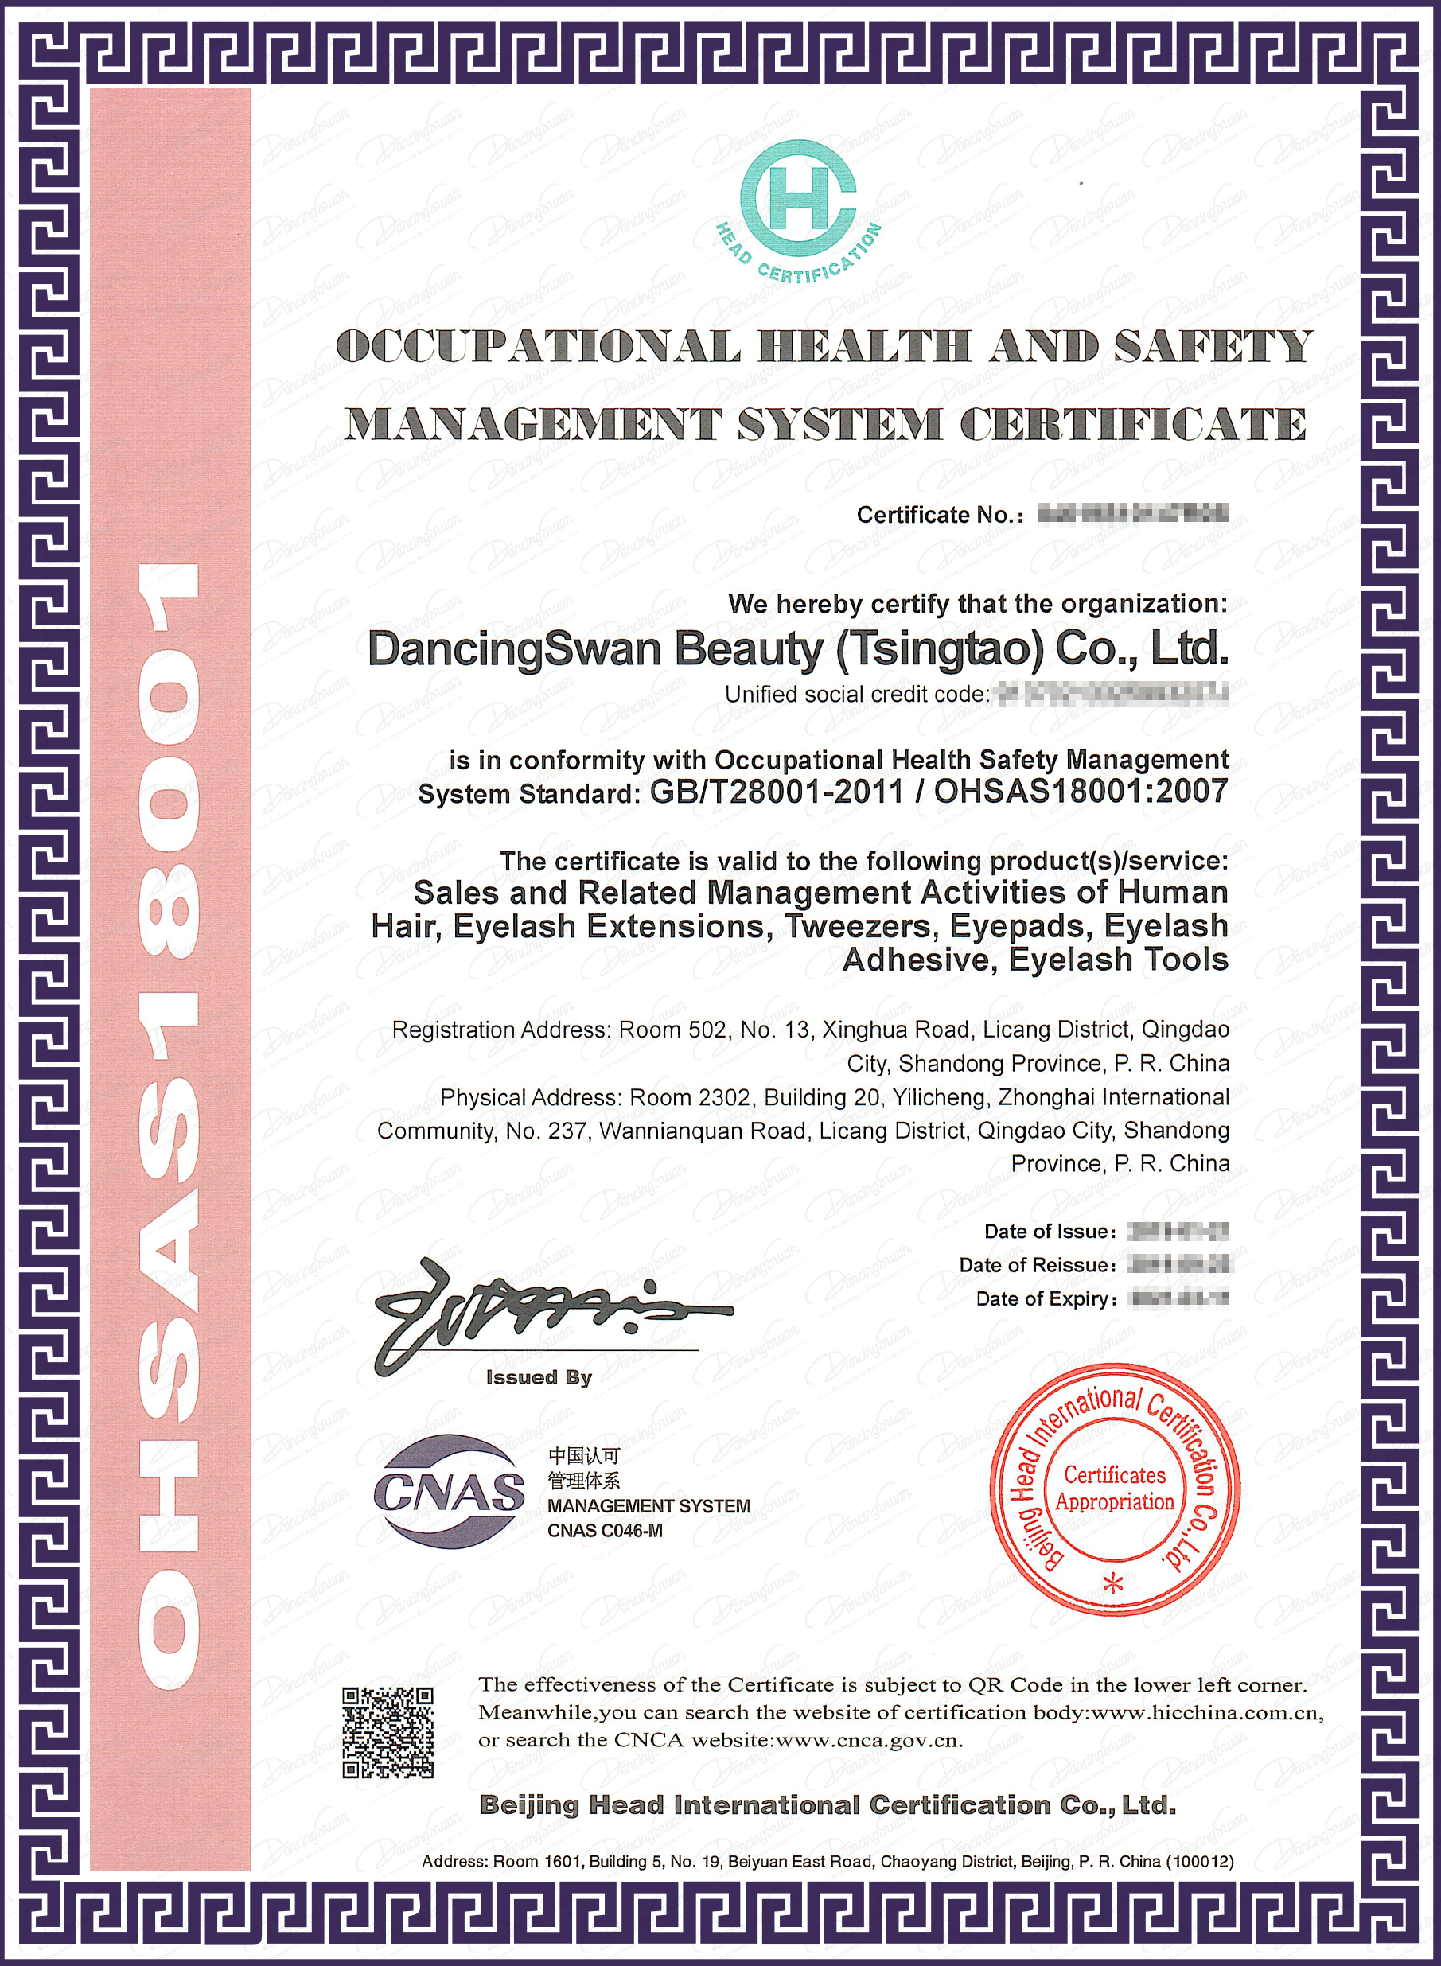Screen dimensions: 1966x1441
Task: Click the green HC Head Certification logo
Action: point(798,209)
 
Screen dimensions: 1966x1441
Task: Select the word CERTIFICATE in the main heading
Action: point(1133,425)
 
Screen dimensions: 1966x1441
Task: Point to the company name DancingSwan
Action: point(514,650)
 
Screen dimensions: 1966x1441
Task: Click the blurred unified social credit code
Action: point(1113,695)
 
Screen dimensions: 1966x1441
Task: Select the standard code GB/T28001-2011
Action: point(777,792)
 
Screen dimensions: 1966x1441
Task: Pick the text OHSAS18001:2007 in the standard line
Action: point(1081,792)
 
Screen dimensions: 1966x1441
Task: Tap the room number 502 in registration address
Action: point(707,1030)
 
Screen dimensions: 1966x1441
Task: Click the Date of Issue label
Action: point(1050,1232)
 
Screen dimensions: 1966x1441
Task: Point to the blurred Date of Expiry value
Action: point(1178,1298)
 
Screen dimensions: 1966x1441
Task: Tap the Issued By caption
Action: point(539,1377)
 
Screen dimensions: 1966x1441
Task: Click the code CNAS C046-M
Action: point(605,1531)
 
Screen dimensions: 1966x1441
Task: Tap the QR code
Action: point(388,1732)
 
